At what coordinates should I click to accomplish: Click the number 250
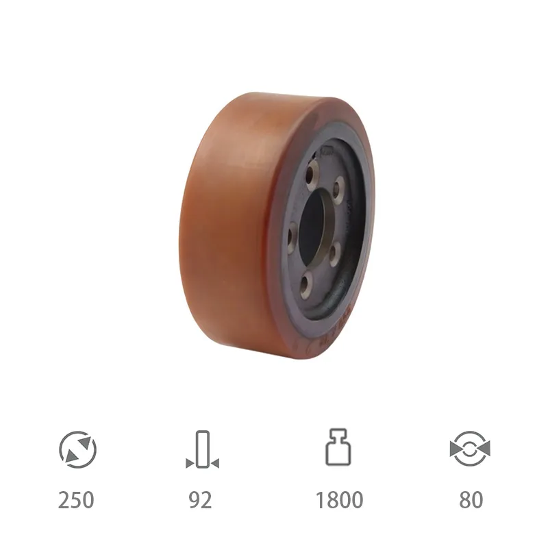(x=76, y=500)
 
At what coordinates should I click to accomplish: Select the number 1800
(x=339, y=500)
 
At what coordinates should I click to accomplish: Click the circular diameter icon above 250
(x=77, y=449)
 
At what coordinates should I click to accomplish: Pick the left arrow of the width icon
(x=189, y=464)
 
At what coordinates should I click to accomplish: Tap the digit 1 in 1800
(x=320, y=500)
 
